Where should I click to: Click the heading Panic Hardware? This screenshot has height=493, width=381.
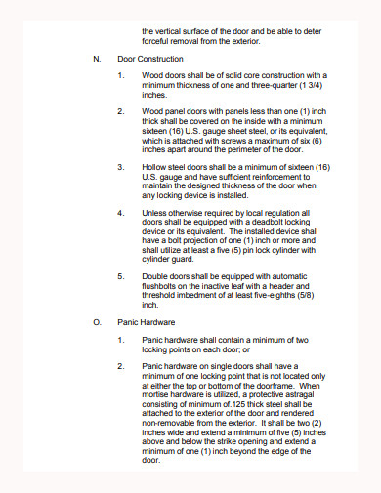point(146,320)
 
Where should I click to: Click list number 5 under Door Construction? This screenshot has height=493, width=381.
point(120,275)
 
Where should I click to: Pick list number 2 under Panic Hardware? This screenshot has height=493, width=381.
point(120,366)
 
